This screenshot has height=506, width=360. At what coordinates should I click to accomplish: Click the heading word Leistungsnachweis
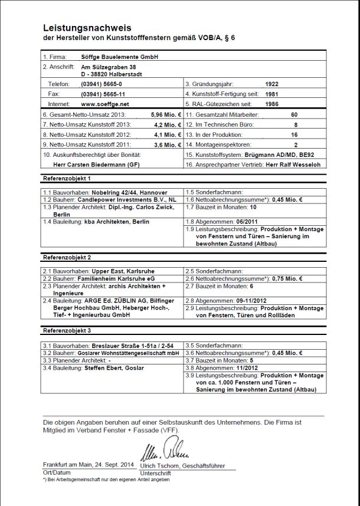(x=87, y=28)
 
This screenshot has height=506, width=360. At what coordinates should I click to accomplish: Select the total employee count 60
(x=294, y=114)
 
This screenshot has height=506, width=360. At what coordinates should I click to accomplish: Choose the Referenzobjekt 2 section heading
(x=67, y=258)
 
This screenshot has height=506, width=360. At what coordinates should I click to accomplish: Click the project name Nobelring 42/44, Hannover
(x=129, y=192)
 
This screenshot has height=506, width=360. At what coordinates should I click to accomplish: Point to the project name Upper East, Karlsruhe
(x=118, y=271)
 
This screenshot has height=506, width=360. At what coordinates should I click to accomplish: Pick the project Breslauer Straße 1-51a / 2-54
(x=127, y=345)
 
